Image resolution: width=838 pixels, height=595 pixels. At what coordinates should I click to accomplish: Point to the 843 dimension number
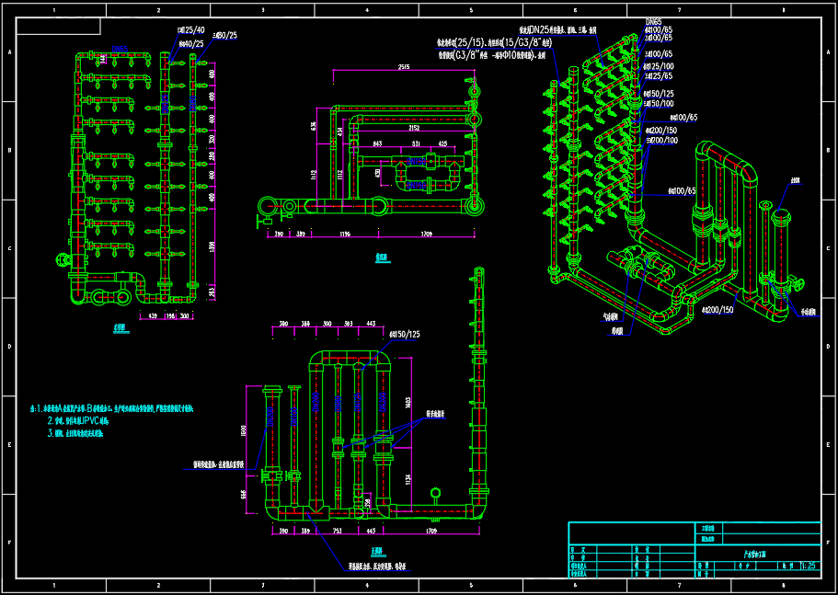click(377, 144)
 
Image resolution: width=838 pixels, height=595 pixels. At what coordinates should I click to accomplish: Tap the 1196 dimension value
click(345, 235)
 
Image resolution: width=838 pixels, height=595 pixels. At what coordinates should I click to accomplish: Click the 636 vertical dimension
click(314, 127)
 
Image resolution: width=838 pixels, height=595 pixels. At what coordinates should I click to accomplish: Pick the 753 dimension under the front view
click(337, 532)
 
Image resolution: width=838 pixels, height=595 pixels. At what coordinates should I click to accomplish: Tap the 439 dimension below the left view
click(152, 315)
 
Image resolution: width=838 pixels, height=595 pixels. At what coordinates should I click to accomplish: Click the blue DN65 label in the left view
click(120, 49)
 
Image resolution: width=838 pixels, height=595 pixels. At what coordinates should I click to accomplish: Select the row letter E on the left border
click(9, 445)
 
